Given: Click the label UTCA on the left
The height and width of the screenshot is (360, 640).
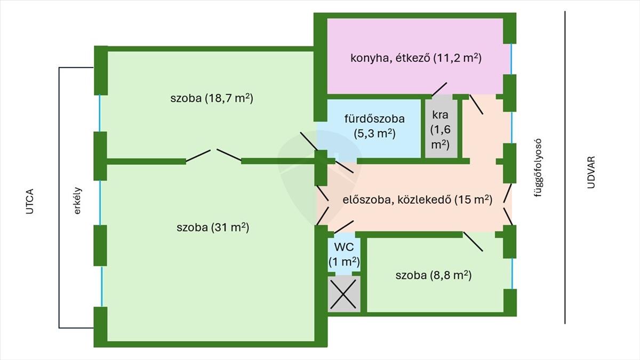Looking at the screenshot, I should (30, 201).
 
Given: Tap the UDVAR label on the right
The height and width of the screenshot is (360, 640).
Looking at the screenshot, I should (590, 173).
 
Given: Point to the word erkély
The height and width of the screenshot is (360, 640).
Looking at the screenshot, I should (77, 200).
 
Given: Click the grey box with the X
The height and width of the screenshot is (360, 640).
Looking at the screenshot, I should (344, 294).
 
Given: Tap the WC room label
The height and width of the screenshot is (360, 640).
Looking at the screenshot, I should (344, 255).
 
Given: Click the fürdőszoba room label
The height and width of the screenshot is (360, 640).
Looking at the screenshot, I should (374, 126).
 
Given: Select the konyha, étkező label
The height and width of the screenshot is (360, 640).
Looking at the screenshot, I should (416, 58).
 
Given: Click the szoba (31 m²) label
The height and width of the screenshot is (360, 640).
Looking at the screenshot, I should (213, 228).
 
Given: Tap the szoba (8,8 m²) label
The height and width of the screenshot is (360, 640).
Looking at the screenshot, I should (433, 276).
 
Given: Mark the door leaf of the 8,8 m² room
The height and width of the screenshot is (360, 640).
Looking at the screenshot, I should (473, 242).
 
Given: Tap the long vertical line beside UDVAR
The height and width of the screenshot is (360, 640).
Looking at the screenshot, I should (565, 167).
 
